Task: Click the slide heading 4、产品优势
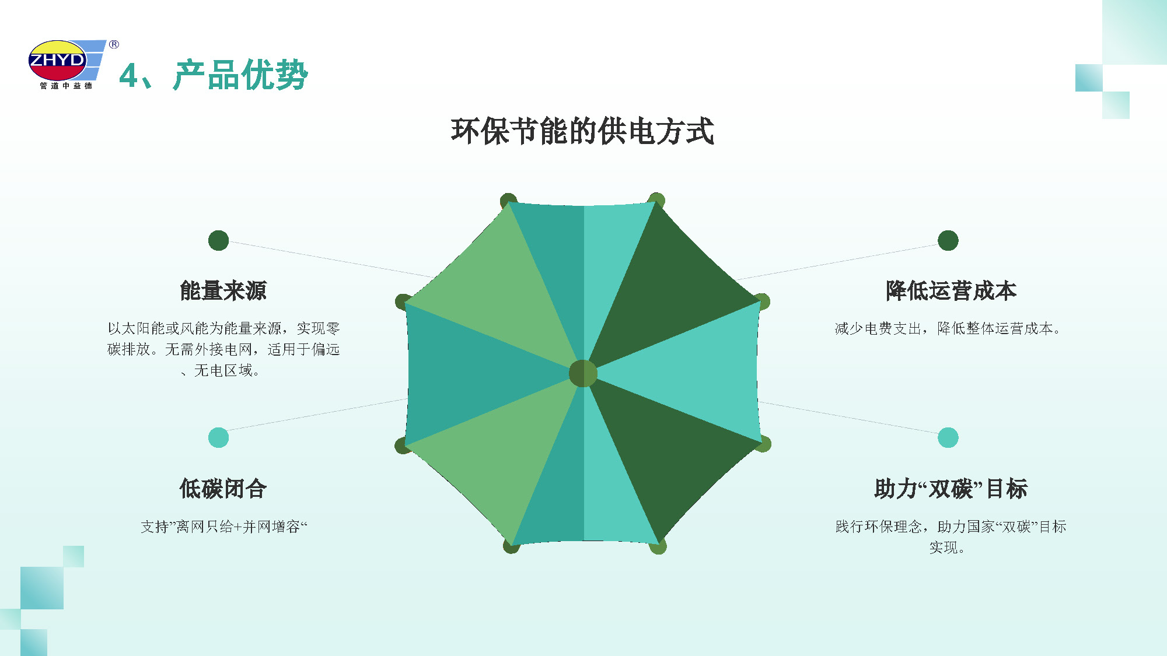214,75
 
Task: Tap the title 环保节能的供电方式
582,131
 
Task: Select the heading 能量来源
223,290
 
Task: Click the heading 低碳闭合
223,489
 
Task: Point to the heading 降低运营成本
951,290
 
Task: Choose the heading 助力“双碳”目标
951,489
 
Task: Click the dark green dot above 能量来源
218,240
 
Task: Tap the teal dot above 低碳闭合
218,437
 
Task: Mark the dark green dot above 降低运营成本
948,240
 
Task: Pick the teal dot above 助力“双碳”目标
948,437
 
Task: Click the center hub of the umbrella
583,373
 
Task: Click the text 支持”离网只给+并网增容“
223,527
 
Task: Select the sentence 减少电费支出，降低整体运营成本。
948,328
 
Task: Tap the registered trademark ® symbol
114,44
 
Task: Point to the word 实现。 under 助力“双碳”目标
946,548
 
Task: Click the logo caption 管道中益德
66,86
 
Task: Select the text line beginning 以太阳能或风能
223,328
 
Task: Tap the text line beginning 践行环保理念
951,527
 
